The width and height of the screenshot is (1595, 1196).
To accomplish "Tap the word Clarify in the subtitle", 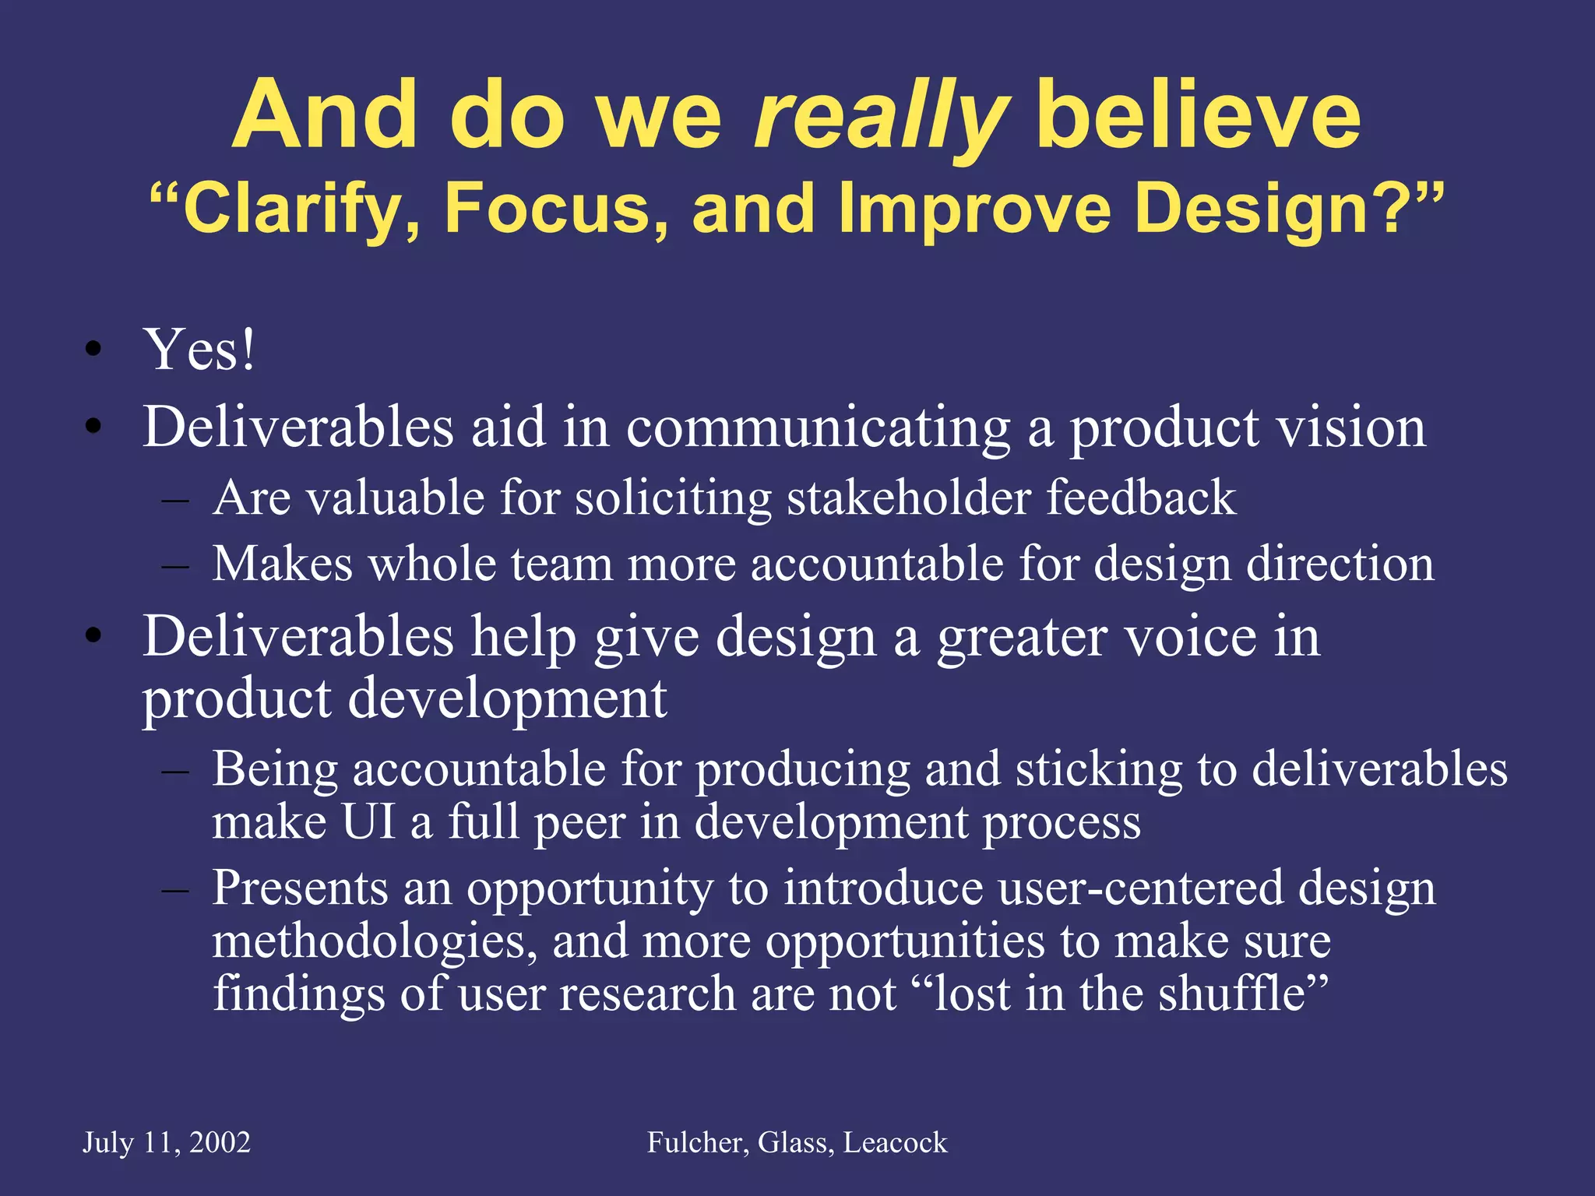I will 293,209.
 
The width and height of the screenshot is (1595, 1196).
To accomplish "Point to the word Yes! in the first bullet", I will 199,350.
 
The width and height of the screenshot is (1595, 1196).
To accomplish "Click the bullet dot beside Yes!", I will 93,350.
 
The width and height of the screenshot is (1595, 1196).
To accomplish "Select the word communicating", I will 818,427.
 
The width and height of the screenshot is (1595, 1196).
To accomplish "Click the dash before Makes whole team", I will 175,565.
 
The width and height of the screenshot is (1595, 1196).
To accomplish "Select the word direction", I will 1340,564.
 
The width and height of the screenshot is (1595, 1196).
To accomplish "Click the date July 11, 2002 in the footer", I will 167,1143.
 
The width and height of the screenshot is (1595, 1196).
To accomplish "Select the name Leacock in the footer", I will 896,1143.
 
